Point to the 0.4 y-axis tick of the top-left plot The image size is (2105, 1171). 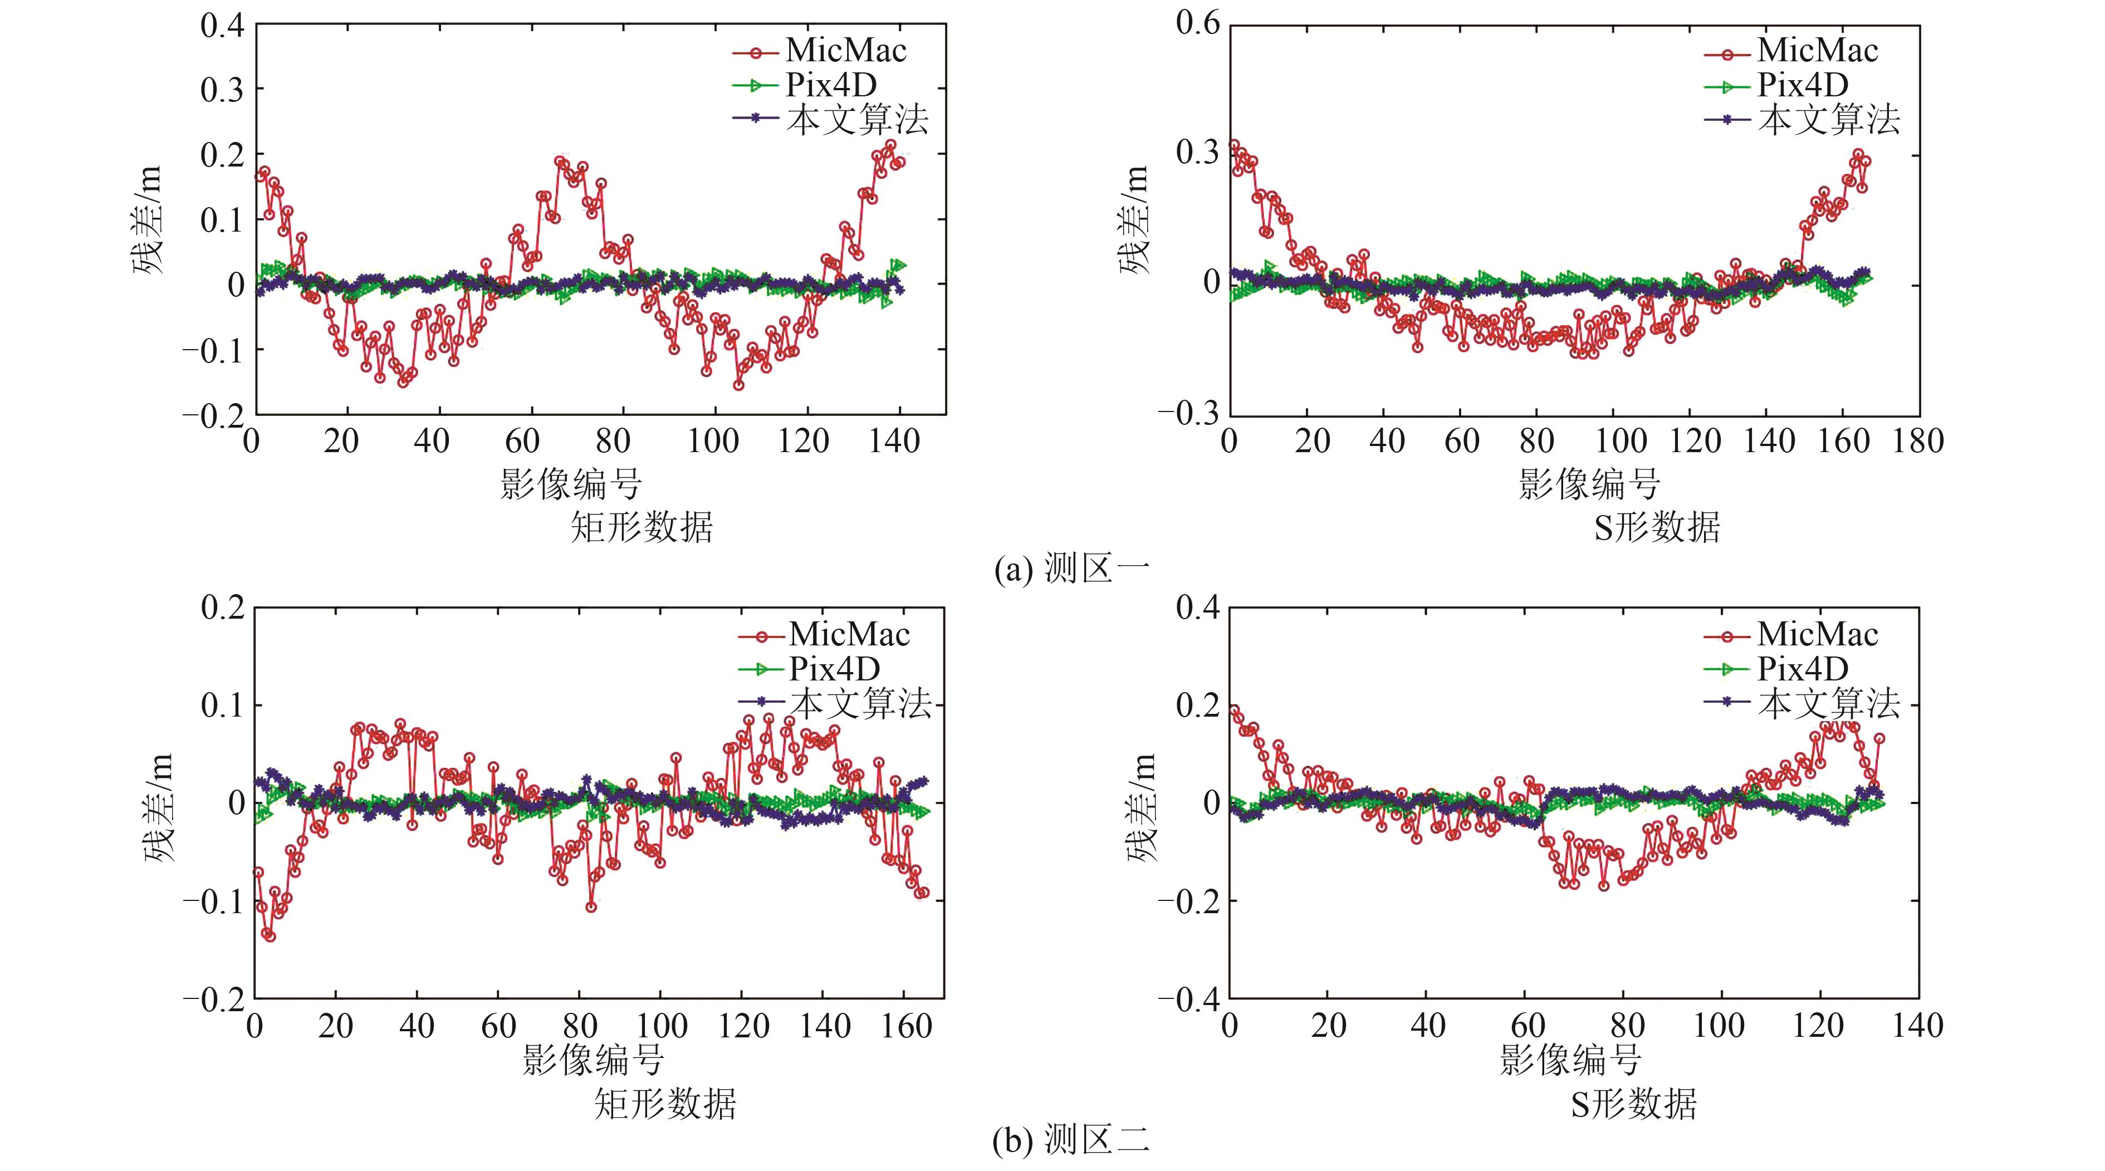coord(222,25)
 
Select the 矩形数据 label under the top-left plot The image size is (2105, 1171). coord(642,528)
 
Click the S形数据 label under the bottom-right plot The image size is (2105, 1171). coord(1633,1105)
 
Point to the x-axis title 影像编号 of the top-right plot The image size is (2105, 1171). coord(1589,484)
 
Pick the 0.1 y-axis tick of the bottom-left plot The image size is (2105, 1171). coord(222,705)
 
